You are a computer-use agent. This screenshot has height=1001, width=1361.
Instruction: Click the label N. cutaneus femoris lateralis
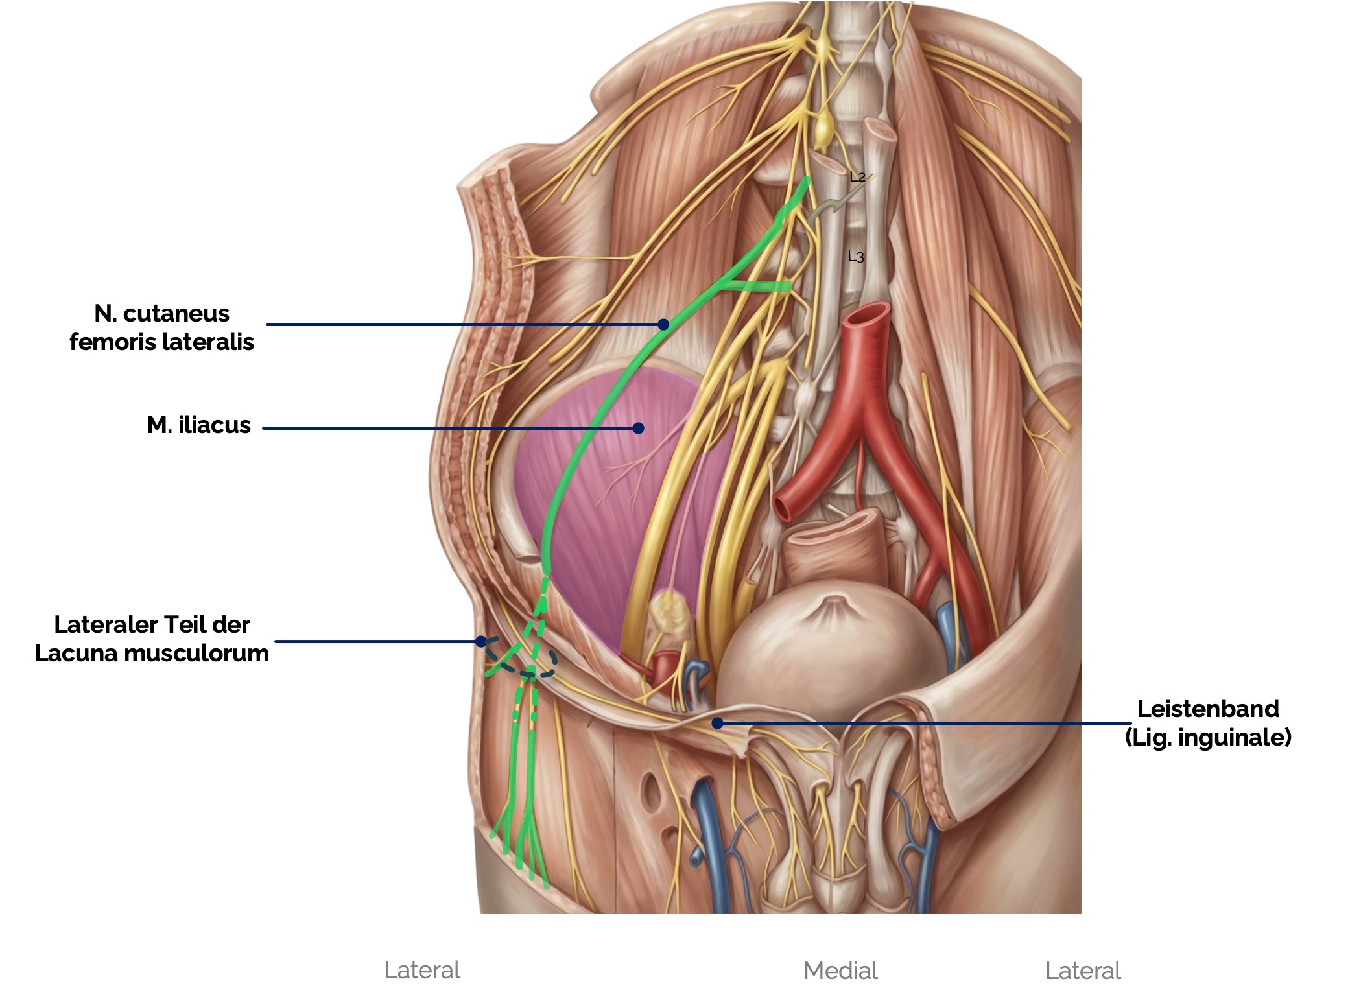click(161, 327)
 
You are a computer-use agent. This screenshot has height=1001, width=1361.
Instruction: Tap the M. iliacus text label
click(198, 425)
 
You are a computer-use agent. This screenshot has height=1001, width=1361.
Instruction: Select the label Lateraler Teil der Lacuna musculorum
click(152, 639)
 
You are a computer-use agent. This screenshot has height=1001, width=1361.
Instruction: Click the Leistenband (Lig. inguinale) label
click(1208, 722)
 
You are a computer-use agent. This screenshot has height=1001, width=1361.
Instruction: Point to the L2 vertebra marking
click(857, 176)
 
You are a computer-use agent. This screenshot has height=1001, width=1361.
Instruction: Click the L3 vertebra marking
click(856, 257)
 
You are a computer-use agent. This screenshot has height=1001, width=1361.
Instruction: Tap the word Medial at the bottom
click(840, 971)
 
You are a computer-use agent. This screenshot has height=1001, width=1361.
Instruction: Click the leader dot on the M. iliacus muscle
click(638, 428)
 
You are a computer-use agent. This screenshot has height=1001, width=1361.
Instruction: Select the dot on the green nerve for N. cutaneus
click(663, 324)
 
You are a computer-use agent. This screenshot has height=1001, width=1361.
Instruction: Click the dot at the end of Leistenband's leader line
click(717, 723)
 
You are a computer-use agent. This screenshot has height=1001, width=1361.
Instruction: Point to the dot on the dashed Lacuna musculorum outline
click(480, 641)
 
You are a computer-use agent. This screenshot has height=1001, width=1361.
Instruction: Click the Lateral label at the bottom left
click(422, 971)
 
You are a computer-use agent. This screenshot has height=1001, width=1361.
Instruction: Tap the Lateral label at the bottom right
click(1083, 971)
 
